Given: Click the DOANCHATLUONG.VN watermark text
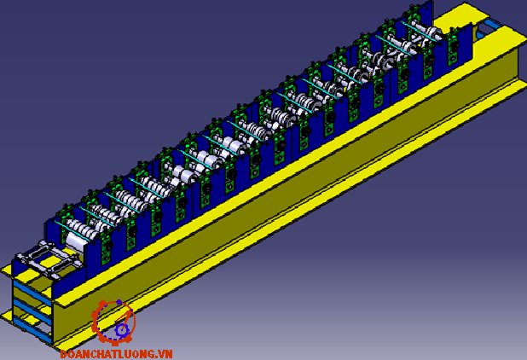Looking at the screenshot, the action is [x=116, y=354].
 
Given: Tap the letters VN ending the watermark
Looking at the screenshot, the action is [x=165, y=354].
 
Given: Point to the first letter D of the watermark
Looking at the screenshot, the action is [x=64, y=354].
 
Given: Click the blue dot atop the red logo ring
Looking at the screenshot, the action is [x=119, y=302].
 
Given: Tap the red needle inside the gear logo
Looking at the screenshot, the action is [x=125, y=319].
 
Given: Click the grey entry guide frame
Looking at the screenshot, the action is [x=49, y=258].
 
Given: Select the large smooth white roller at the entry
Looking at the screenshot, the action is [x=76, y=242].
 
